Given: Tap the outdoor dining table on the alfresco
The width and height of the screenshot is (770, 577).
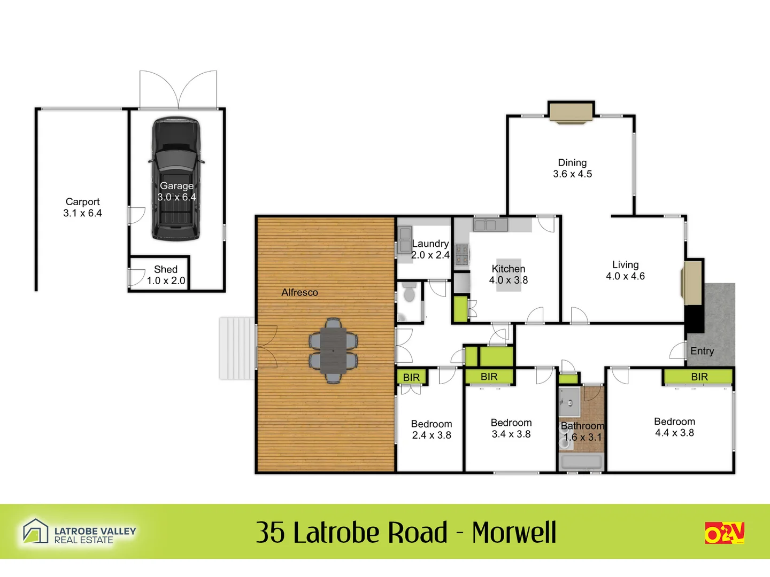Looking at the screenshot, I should (333, 350).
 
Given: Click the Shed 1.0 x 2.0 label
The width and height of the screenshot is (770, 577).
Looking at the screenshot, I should (166, 275).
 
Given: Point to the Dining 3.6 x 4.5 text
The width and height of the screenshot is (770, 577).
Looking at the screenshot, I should (572, 168).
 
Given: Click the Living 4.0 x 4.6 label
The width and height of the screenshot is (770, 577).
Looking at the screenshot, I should (625, 270).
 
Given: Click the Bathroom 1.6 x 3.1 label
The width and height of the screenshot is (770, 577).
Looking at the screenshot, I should (582, 432).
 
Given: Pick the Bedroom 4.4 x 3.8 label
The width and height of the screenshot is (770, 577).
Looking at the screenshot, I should (674, 427).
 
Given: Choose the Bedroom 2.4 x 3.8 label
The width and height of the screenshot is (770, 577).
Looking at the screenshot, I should (432, 430).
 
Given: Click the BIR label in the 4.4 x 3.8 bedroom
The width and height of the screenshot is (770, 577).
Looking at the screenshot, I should (699, 377).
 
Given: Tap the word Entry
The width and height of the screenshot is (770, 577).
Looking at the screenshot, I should (702, 351).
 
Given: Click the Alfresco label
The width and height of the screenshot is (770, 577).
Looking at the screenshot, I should (299, 292).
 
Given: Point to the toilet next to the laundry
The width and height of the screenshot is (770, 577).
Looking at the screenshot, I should (409, 294).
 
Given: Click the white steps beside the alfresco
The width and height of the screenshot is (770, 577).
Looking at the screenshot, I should (237, 348).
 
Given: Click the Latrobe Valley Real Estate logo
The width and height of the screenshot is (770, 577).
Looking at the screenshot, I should (79, 532).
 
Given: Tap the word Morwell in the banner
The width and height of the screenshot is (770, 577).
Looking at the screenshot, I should (514, 533).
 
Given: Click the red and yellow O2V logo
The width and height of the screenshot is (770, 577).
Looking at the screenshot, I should (725, 533).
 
